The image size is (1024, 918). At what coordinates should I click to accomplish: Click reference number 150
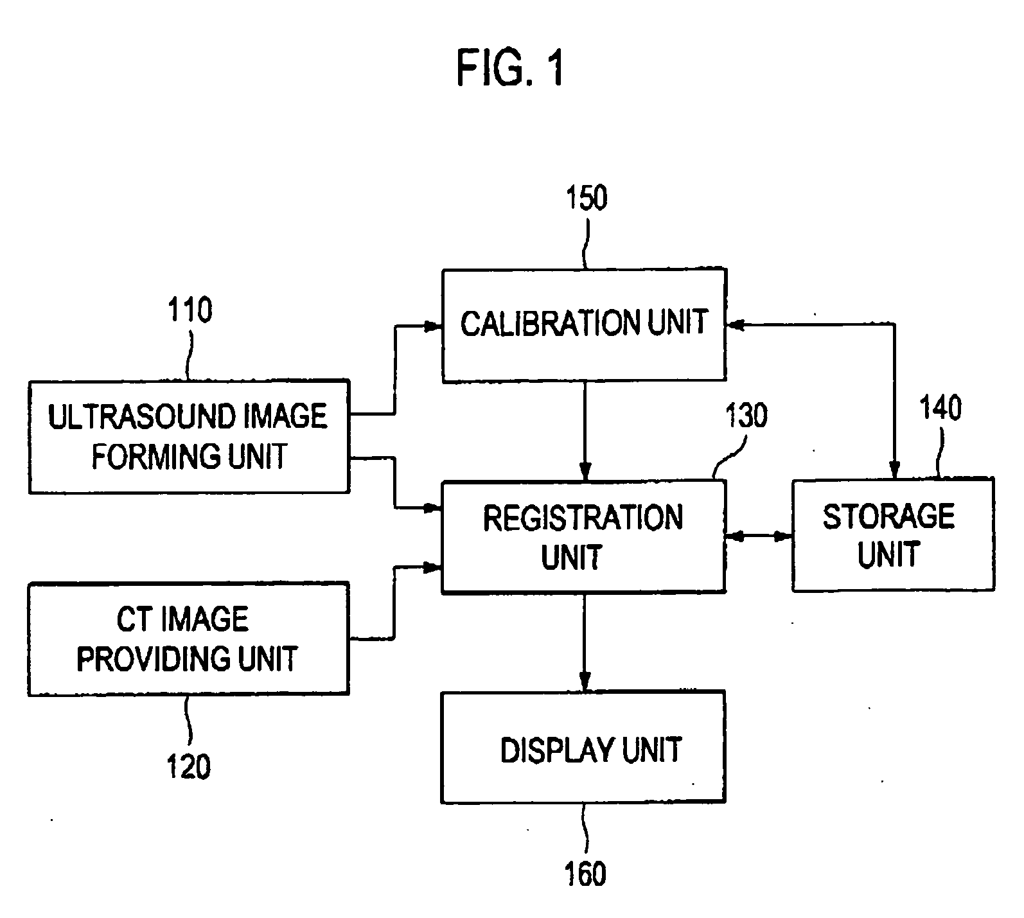[x=586, y=199]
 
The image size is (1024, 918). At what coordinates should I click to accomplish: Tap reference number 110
[x=190, y=310]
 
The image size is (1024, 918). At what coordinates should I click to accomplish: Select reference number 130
[x=746, y=416]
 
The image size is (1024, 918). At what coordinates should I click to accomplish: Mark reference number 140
[x=940, y=409]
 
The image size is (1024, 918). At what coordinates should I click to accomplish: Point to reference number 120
[x=189, y=767]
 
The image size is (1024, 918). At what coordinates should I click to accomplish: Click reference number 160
[x=585, y=874]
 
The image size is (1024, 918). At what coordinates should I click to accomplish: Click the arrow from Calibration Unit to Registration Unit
[x=585, y=430]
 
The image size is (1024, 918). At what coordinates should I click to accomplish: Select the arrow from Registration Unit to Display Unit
[x=585, y=642]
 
